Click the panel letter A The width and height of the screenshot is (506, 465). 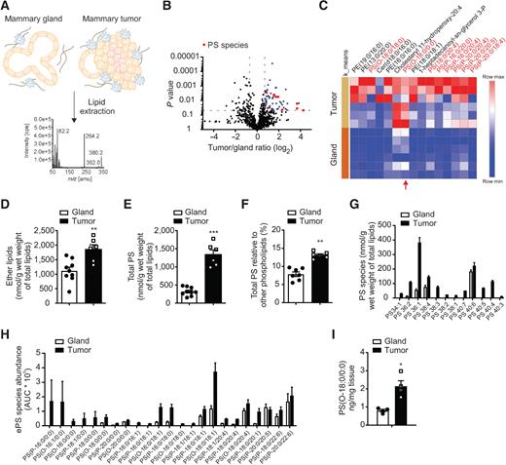coord(7,8)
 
